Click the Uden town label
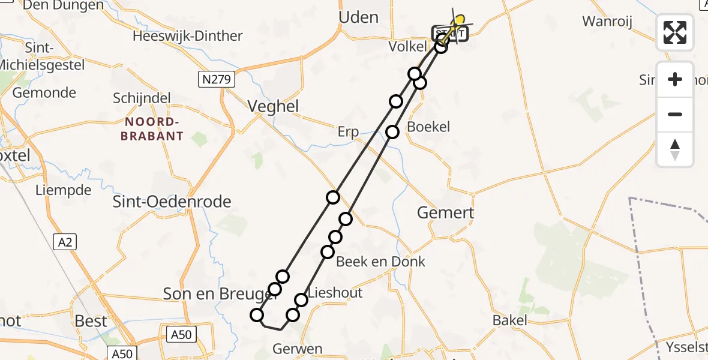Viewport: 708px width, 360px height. point(359,17)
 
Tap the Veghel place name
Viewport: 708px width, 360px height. point(274,106)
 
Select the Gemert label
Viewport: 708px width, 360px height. point(445,212)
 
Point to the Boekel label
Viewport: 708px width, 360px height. point(428,127)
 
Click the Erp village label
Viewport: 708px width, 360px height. point(348,132)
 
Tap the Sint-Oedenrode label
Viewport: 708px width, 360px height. point(172,202)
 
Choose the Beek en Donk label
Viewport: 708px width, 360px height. point(380,262)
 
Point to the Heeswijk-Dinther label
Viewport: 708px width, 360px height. point(188,36)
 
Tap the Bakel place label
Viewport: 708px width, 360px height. point(509,320)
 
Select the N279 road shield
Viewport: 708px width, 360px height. point(217,79)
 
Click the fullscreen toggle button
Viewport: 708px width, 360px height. point(675,32)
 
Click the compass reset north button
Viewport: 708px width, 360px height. point(675,149)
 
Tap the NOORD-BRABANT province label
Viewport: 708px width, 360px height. point(152,129)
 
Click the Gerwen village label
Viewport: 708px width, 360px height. point(297,349)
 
